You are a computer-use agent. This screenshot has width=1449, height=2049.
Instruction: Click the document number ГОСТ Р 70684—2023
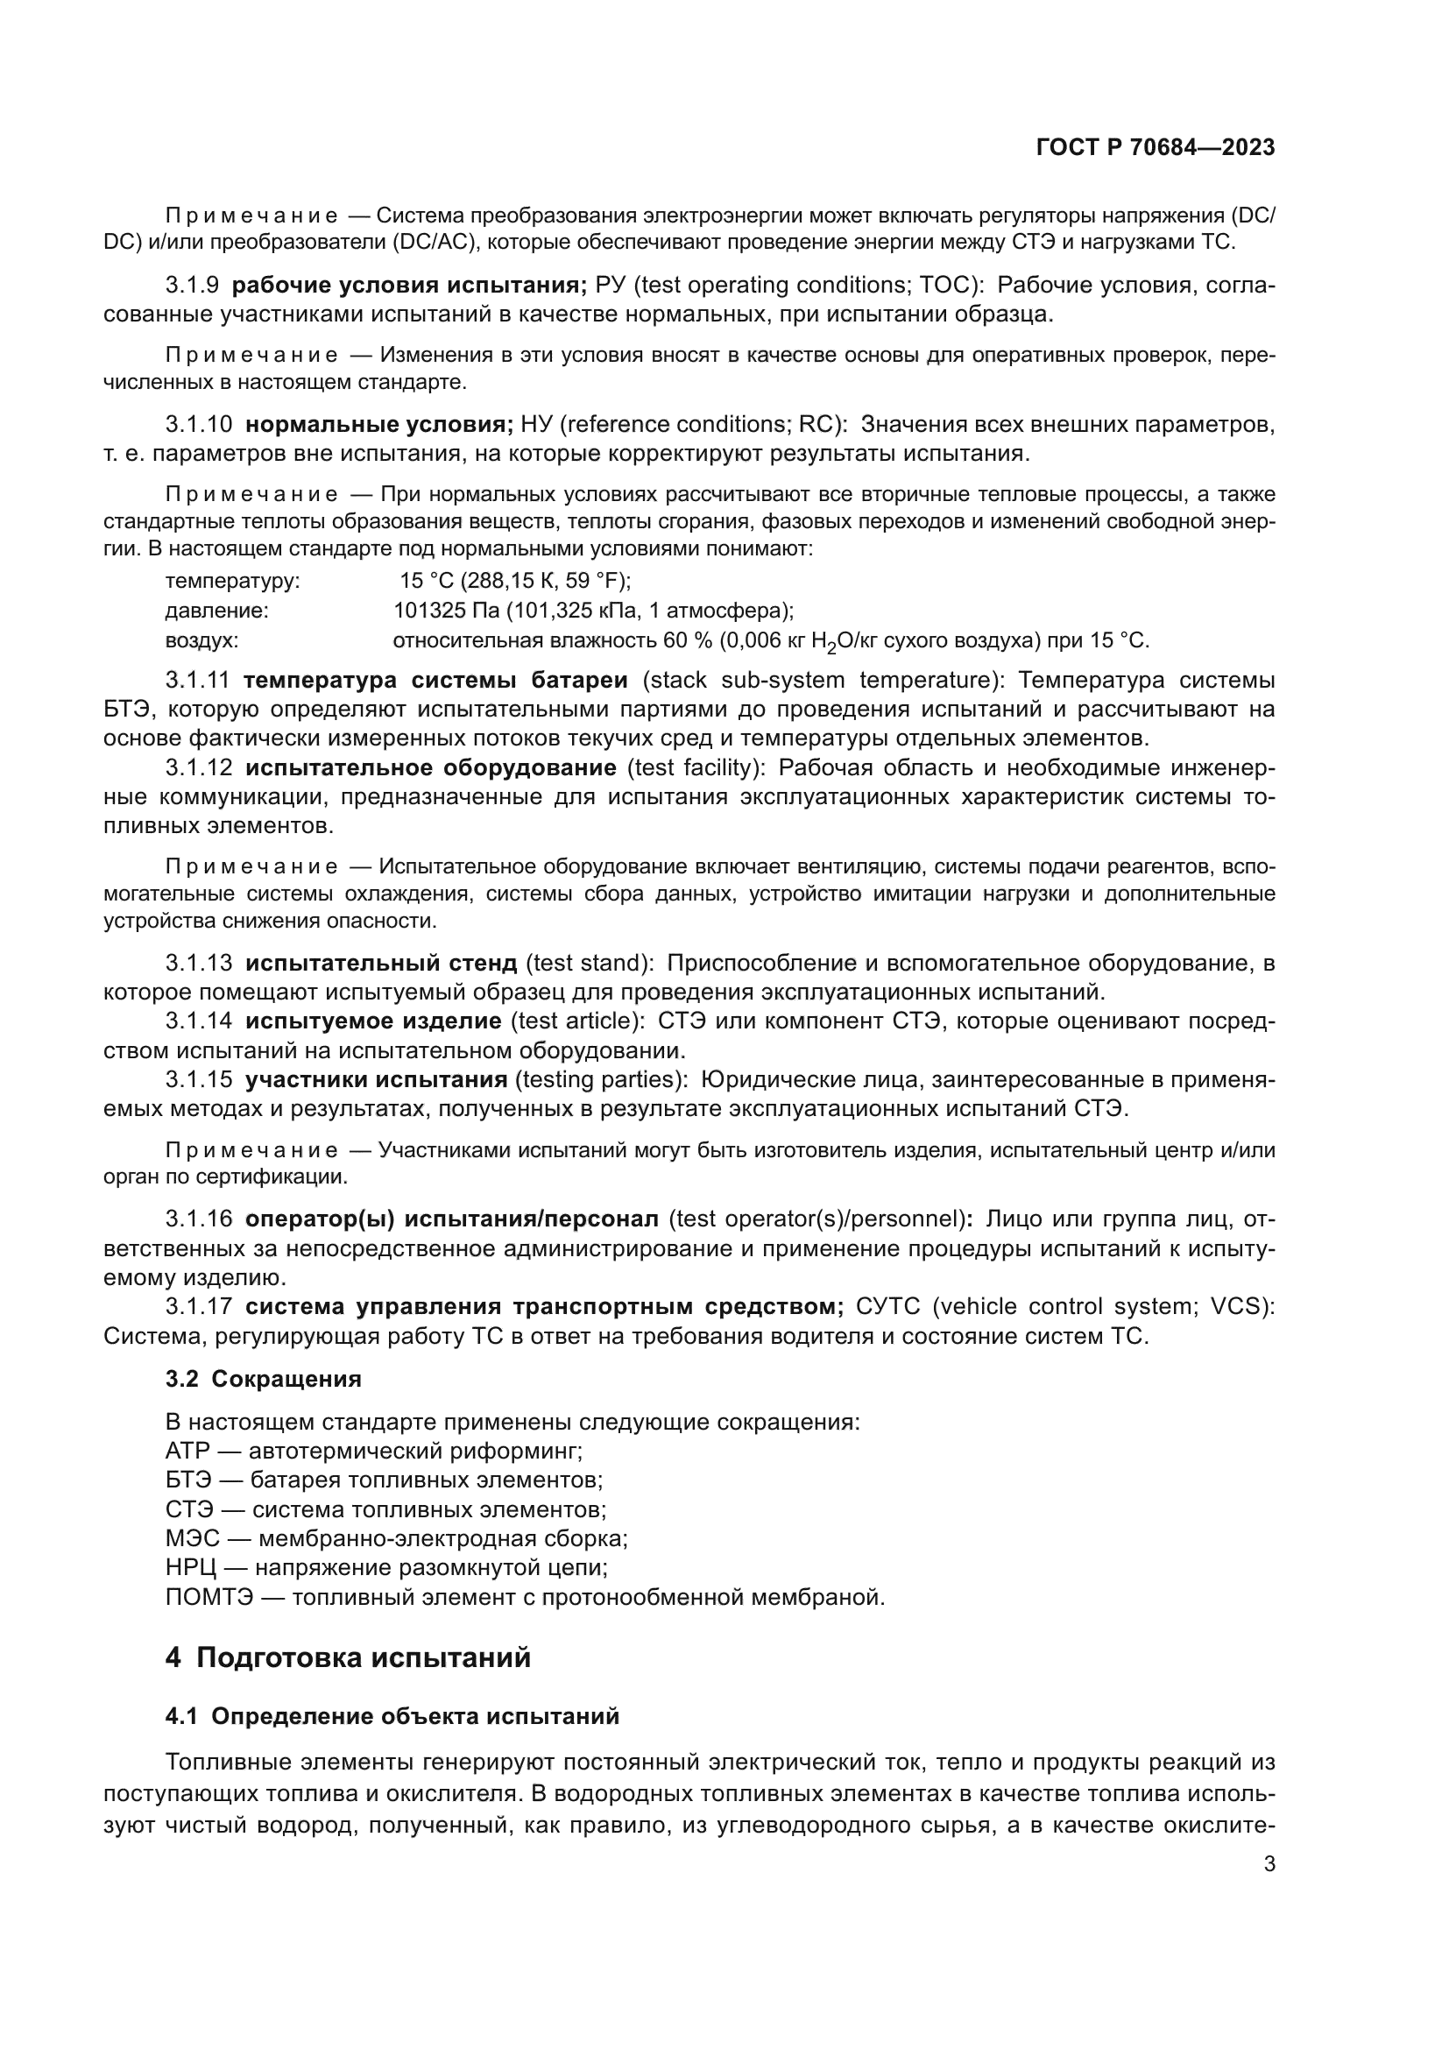click(x=1156, y=148)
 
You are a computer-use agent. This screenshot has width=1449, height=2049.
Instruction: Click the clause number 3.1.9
click(x=192, y=286)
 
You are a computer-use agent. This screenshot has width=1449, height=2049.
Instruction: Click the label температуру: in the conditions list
click(x=233, y=581)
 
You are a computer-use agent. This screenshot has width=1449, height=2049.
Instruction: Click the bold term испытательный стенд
click(x=381, y=963)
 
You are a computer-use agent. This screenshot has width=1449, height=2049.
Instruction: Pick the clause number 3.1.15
click(x=198, y=1080)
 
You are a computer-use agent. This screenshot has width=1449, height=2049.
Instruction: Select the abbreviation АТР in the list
click(x=187, y=1450)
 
